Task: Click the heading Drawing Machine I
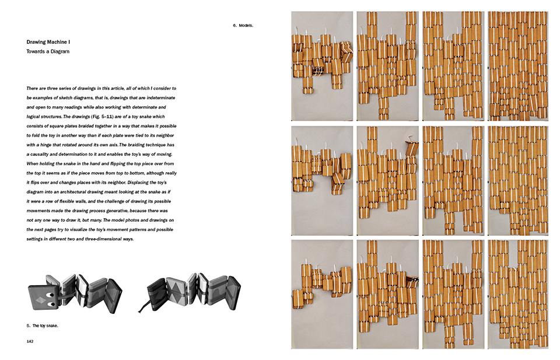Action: coord(51,42)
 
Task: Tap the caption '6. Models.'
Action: coord(243,25)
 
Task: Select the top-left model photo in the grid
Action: coord(322,66)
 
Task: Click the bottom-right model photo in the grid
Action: coord(518,294)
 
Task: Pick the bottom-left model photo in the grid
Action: coord(322,294)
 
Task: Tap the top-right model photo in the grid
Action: coord(518,66)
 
